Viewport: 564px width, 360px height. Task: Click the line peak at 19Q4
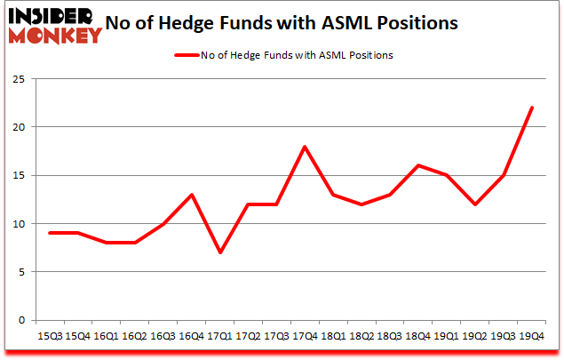click(532, 108)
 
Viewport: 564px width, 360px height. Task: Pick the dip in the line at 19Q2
click(476, 204)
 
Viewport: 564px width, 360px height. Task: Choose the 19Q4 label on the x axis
click(532, 337)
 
